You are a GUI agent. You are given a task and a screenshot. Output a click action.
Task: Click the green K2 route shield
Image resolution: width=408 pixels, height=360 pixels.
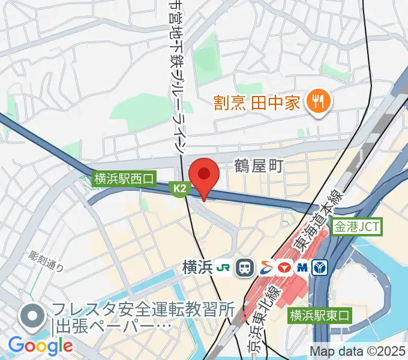coord(180,189)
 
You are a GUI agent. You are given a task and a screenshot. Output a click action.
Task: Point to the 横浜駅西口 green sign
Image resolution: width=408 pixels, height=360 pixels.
coord(124,178)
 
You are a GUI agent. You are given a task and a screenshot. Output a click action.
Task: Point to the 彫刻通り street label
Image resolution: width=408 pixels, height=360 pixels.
coord(45,259)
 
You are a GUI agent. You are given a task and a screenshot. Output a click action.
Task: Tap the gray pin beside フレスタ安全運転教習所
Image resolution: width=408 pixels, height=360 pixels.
coord(31,317)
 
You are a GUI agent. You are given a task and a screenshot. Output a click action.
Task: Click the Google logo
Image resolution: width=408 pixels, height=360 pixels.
coord(40,346)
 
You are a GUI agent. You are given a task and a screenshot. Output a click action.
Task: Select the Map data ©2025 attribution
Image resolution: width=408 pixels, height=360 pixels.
coord(358,351)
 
